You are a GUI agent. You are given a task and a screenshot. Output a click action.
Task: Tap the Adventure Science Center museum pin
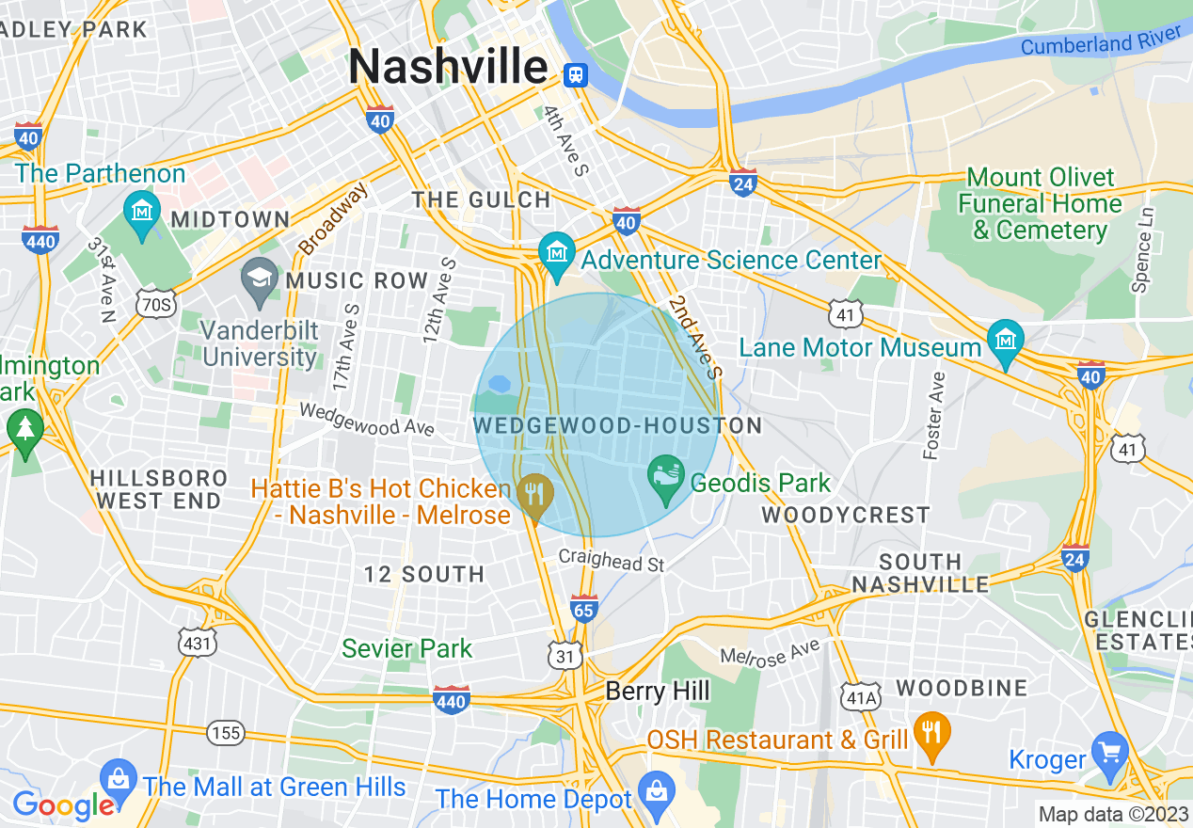tap(555, 252)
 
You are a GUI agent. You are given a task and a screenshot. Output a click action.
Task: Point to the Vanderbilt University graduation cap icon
tap(259, 279)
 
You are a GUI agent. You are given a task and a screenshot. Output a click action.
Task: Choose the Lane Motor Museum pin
tap(1006, 341)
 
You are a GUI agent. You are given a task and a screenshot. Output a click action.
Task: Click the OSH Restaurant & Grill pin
tap(931, 733)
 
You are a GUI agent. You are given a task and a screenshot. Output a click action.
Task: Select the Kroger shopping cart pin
tap(1110, 753)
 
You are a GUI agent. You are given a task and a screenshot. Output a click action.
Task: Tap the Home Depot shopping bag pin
tap(655, 790)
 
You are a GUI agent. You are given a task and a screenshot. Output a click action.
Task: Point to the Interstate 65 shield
tap(584, 609)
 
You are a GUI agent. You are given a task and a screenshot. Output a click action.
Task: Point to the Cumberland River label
tap(1100, 40)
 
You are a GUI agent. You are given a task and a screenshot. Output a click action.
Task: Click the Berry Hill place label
tap(658, 692)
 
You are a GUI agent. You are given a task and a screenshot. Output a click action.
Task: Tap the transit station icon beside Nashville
tap(574, 74)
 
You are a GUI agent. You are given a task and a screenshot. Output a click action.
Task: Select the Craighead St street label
tap(612, 560)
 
